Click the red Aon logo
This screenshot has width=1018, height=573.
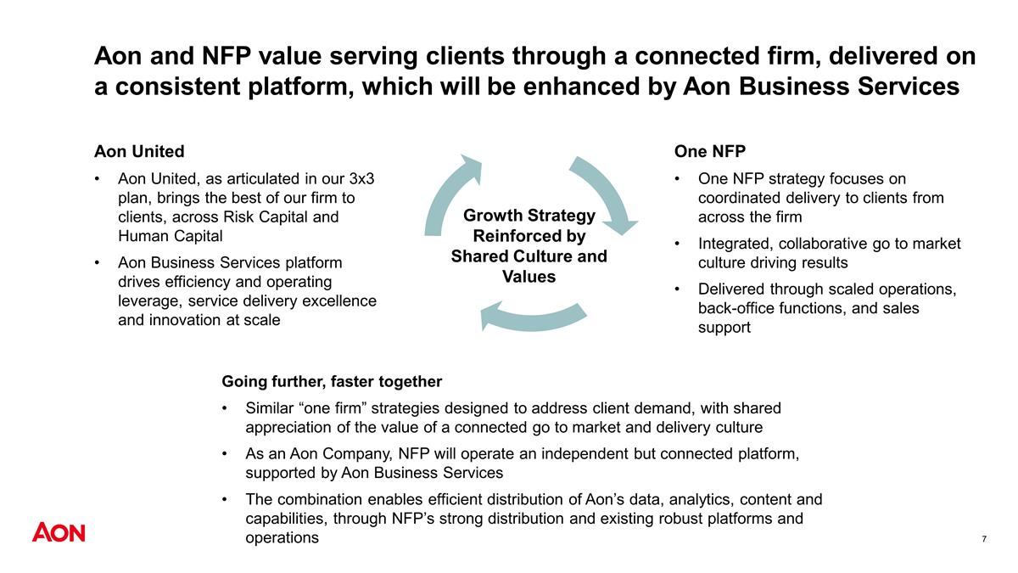click(x=59, y=532)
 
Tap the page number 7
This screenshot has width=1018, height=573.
click(x=984, y=539)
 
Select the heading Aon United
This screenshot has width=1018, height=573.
click(x=139, y=151)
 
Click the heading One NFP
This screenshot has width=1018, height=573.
click(x=709, y=151)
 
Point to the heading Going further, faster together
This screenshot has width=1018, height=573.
click(x=332, y=381)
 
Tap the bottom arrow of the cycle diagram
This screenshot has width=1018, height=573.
click(x=533, y=317)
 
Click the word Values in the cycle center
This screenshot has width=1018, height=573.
click(x=529, y=277)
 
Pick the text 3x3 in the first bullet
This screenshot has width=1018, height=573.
click(x=361, y=179)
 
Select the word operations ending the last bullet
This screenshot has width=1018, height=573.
click(x=282, y=538)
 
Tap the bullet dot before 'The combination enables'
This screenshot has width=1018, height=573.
click(x=225, y=499)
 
